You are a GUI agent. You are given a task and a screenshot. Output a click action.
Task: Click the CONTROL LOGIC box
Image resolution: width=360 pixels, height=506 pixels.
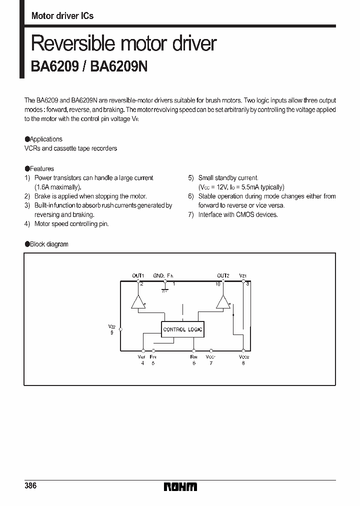coord(182,329)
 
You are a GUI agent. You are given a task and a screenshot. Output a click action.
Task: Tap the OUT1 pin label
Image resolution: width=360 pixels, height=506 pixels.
coord(138,275)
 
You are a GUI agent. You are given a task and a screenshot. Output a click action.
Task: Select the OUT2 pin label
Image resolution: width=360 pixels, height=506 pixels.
coord(223,275)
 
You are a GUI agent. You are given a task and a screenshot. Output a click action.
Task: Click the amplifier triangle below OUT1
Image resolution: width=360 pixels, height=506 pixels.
coord(138,302)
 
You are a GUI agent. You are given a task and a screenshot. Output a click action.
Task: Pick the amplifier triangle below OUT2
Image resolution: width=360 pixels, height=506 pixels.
coord(223,302)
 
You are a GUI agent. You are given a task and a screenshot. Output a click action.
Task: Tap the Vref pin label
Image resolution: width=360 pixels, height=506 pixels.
coord(142,357)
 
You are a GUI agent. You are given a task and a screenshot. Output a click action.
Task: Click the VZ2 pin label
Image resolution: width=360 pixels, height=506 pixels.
coord(112,326)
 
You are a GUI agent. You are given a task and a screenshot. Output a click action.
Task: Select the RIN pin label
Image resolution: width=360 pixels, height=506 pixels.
coord(193,357)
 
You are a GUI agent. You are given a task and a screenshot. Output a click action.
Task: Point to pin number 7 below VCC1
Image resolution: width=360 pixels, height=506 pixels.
coord(211,363)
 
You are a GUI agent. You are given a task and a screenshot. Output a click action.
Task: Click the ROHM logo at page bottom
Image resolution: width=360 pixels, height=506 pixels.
coord(180,486)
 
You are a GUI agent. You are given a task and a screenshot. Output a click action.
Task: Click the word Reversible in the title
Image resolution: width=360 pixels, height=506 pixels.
coord(71,44)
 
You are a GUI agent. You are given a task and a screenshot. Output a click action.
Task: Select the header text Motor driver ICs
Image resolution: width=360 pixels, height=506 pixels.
coord(62,15)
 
